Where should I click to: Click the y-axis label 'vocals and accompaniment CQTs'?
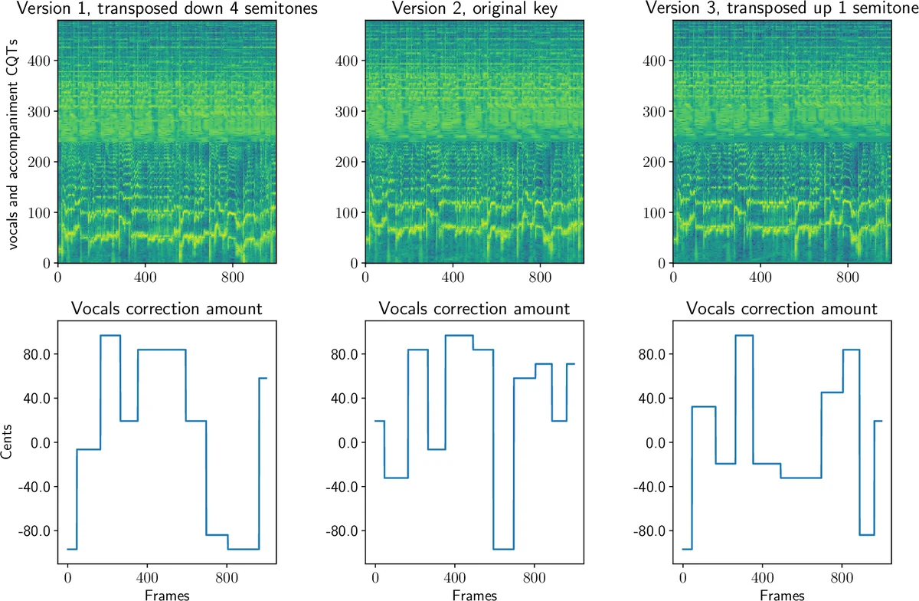tap(14, 141)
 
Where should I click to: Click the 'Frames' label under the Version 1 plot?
tap(167, 594)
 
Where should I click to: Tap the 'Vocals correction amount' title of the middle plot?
tap(474, 309)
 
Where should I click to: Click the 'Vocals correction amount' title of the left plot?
tap(167, 309)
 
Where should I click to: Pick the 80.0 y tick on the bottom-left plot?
tap(36, 355)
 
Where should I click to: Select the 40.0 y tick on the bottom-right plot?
tap(650, 399)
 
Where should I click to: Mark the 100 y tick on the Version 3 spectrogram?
tap(654, 212)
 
